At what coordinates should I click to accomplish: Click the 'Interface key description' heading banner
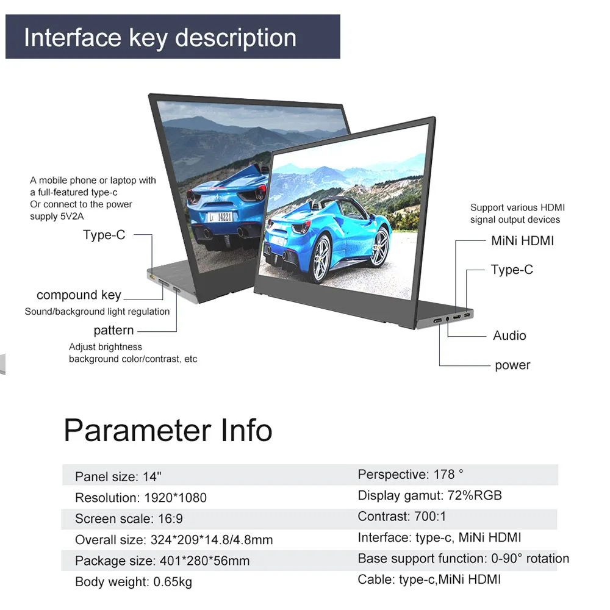[x=160, y=38]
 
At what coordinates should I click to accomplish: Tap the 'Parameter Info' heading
[x=168, y=430]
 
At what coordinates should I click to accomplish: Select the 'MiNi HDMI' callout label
[x=522, y=241]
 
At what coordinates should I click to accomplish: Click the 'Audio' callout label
[x=509, y=335]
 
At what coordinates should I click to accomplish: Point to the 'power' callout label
[x=512, y=365]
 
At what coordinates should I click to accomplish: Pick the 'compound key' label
[x=79, y=295]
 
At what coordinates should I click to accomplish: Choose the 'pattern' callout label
[x=113, y=331]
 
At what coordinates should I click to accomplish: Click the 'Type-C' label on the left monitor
[x=104, y=235]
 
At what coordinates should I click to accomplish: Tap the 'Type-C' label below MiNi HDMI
[x=512, y=270]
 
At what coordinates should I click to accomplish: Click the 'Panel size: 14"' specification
[x=118, y=476]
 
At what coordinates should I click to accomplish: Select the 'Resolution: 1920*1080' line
[x=141, y=498]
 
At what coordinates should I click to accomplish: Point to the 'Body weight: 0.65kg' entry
[x=134, y=582]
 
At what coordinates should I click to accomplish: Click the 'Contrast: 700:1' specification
[x=402, y=517]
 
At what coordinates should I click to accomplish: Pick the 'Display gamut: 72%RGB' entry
[x=429, y=495]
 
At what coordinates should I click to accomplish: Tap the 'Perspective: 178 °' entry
[x=411, y=474]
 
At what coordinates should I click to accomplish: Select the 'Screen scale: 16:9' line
[x=129, y=519]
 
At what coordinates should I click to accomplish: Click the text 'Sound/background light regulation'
[x=97, y=312]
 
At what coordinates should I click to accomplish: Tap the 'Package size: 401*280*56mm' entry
[x=162, y=561]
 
